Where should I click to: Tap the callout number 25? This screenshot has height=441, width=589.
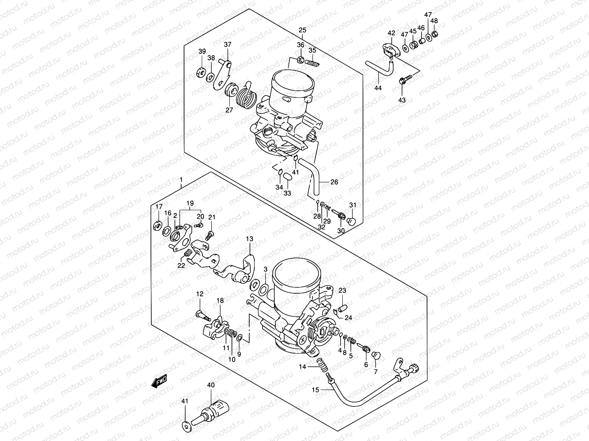click(x=302, y=30)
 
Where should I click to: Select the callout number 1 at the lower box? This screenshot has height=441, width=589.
click(x=181, y=179)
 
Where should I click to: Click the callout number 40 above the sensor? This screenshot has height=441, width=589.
click(x=210, y=386)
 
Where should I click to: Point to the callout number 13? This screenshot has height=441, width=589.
click(x=250, y=239)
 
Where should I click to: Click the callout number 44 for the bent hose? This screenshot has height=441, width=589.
click(x=378, y=88)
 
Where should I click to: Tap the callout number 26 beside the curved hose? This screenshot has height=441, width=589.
click(x=334, y=182)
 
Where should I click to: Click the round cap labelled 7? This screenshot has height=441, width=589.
click(x=376, y=355)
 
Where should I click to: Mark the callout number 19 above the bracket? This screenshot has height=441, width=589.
click(x=190, y=204)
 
